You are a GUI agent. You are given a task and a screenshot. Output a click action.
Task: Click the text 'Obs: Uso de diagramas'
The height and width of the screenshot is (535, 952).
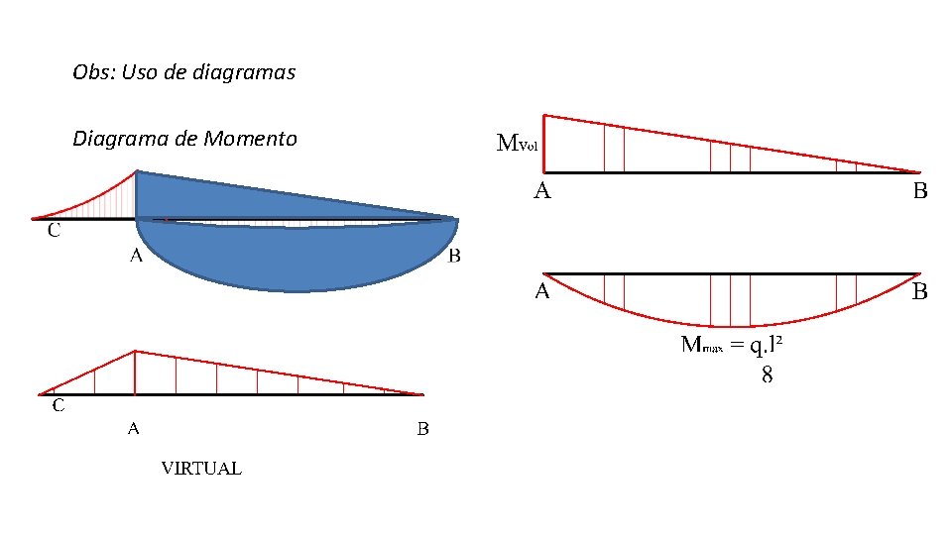coord(183,72)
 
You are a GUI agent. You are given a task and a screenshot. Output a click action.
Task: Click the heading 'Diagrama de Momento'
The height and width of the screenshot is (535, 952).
coord(184,139)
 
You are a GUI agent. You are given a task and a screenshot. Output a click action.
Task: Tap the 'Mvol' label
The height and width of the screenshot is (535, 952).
coord(517,144)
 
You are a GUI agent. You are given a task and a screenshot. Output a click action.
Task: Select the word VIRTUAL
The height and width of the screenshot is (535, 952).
coord(201,469)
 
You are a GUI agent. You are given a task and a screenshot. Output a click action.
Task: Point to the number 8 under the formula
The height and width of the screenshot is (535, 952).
coord(767,374)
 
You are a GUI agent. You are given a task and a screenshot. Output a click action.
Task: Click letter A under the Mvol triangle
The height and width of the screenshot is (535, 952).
coord(542,191)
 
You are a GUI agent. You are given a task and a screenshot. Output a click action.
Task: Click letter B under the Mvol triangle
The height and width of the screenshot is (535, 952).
coord(920,191)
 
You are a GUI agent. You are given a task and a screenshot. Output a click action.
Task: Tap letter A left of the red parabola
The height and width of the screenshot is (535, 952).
coord(542,292)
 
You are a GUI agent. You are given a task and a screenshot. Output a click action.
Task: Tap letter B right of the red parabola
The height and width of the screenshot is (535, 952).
coord(920,292)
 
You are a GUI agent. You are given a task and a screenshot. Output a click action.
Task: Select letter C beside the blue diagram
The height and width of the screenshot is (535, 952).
coord(54,232)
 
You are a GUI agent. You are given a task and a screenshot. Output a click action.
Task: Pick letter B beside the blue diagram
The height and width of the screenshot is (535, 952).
coord(454,257)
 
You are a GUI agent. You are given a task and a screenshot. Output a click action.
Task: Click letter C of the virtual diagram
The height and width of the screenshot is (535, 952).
coord(59,405)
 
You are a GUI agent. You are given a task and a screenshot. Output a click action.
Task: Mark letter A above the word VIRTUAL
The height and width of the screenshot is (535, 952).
coord(133,430)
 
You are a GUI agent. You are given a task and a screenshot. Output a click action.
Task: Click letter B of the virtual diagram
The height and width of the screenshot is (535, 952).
coord(422,430)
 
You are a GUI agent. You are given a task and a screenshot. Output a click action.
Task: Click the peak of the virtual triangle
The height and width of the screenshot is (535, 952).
coord(136,351)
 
